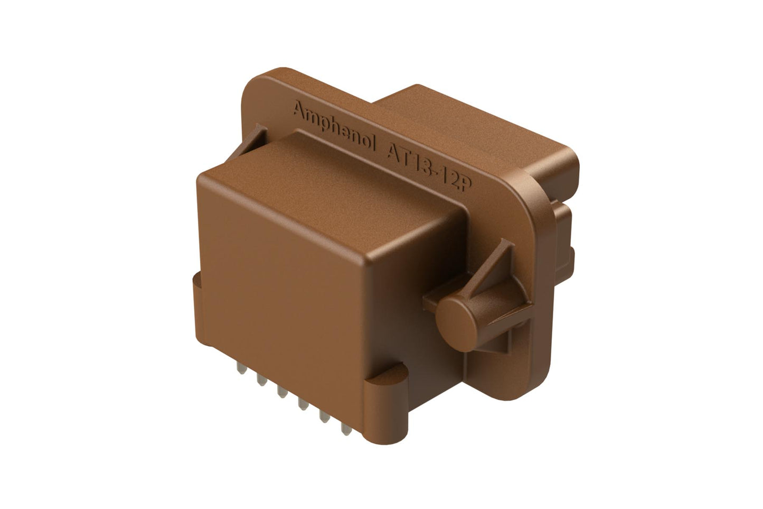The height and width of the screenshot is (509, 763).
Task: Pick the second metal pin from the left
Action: (x=259, y=379)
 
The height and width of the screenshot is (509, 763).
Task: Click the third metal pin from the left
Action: (x=280, y=392)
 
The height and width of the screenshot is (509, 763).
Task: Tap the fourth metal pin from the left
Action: (x=302, y=405)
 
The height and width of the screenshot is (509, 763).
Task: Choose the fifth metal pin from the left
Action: (x=324, y=418)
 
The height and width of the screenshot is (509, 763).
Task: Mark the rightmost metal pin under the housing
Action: (x=346, y=430)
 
